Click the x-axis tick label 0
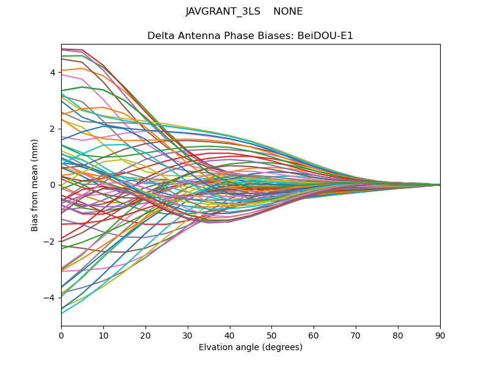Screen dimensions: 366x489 point(61,335)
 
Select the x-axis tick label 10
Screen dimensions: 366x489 point(103,335)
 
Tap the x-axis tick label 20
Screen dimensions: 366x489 point(145,335)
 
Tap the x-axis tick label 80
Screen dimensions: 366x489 point(398,335)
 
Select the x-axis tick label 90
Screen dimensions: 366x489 point(440,335)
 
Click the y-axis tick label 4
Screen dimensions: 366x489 point(53,73)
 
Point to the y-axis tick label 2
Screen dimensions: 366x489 point(53,129)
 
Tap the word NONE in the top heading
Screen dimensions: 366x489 point(288,12)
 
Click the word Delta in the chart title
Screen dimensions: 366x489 point(160,36)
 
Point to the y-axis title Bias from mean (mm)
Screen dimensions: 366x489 point(35,185)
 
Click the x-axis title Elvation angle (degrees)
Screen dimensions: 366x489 point(251,348)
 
